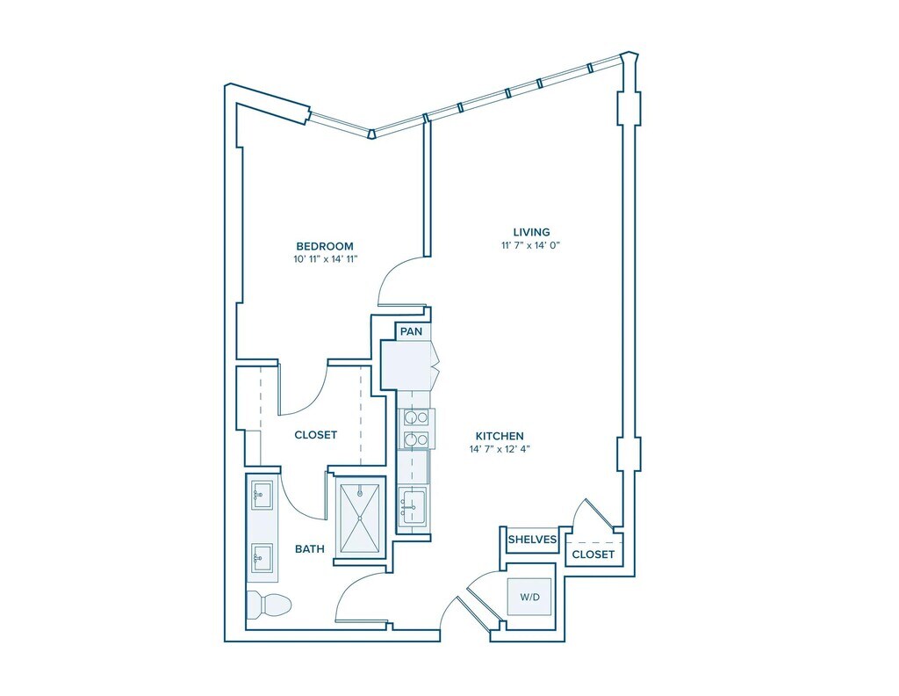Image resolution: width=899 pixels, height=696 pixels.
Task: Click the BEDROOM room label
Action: click(325, 246)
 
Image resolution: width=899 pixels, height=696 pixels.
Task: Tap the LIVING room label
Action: click(531, 232)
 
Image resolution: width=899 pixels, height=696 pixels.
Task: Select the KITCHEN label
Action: click(500, 436)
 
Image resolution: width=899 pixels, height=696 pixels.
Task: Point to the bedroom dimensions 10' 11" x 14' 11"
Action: click(325, 258)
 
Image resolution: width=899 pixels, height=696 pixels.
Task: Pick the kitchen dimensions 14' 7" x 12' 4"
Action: click(500, 449)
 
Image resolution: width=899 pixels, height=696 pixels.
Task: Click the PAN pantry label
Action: click(411, 331)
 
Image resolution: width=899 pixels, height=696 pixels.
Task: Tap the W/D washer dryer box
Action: click(529, 597)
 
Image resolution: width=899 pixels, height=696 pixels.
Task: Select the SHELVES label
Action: click(532, 540)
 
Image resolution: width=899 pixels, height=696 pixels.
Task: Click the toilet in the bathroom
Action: click(269, 605)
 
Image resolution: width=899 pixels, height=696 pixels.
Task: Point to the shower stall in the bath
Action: click(359, 518)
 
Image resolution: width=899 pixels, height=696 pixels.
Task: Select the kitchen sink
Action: click(413, 505)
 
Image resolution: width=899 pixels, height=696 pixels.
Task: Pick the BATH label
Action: click(310, 549)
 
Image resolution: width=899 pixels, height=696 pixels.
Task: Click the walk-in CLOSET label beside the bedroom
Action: click(315, 435)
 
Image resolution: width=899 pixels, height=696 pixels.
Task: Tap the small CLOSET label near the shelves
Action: click(593, 555)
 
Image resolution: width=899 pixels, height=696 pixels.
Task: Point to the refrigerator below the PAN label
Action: click(406, 365)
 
